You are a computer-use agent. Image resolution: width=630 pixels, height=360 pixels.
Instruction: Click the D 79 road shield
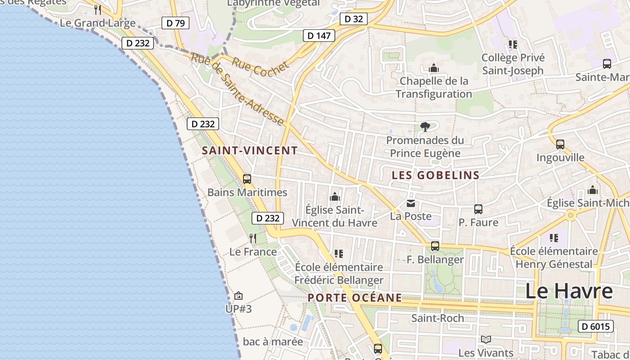click(175, 23)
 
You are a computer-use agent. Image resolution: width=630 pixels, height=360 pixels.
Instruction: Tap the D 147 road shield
click(319, 36)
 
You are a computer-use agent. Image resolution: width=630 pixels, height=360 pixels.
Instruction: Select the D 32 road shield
click(353, 19)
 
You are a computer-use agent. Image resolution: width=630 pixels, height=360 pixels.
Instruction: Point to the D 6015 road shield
click(595, 326)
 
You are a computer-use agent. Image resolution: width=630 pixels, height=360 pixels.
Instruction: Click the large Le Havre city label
click(569, 291)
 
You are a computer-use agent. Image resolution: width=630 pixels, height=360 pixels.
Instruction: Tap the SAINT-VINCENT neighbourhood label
click(250, 151)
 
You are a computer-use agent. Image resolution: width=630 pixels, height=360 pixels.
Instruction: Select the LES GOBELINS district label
click(436, 175)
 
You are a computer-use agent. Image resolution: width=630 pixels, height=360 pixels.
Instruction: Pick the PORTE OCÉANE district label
click(355, 297)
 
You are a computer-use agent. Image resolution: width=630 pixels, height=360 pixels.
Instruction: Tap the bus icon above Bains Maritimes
click(247, 179)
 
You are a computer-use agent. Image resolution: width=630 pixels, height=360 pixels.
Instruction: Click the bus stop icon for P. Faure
click(478, 209)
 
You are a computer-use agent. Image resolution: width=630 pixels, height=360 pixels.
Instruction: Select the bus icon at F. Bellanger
click(435, 246)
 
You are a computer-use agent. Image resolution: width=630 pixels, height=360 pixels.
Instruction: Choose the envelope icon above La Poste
click(411, 203)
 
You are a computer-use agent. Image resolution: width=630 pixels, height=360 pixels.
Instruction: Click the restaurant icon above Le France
click(253, 238)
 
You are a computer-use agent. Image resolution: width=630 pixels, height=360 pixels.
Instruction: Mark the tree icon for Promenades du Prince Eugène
click(425, 127)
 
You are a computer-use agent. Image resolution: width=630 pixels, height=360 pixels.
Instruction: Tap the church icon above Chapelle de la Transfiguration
click(434, 68)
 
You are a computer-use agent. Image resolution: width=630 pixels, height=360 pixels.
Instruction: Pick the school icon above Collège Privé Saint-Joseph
click(513, 45)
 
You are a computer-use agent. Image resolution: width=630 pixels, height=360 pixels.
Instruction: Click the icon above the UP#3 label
click(238, 296)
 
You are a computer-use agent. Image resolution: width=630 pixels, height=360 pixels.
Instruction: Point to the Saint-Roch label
click(437, 318)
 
